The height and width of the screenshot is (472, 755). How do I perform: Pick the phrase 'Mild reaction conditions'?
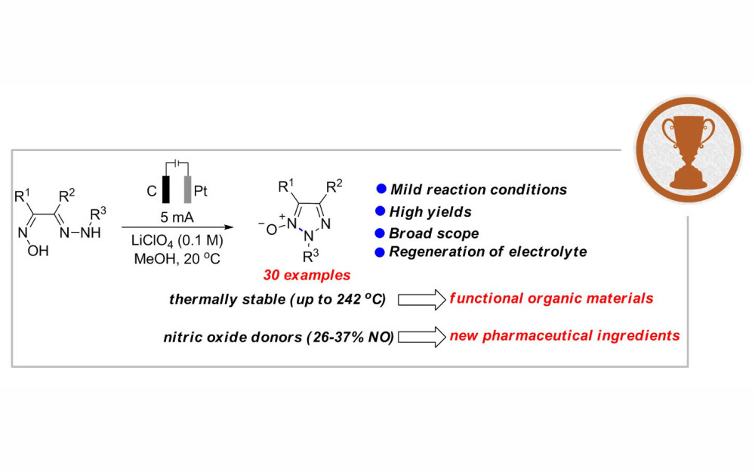click(478, 190)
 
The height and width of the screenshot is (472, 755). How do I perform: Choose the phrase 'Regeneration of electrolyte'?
click(488, 252)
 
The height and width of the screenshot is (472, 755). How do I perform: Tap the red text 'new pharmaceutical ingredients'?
click(565, 334)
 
